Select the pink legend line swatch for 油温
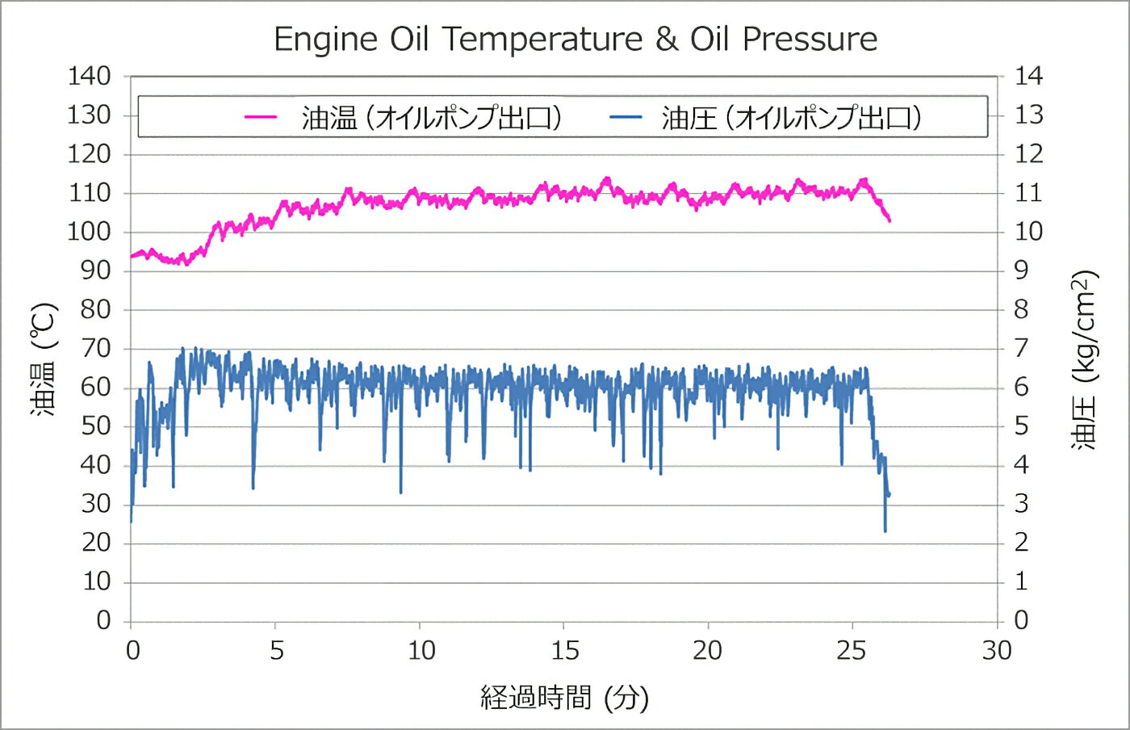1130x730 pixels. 261,117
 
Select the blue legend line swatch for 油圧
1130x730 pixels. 626,117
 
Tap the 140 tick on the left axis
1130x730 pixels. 89,76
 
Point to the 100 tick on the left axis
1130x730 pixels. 89,232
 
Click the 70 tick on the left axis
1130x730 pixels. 95,348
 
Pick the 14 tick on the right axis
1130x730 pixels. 1028,76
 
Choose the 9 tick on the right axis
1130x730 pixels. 1021,271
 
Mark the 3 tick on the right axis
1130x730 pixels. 1021,504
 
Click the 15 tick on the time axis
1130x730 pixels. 564,650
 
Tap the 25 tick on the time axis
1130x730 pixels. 852,650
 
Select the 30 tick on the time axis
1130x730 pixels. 997,650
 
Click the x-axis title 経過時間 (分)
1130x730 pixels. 564,697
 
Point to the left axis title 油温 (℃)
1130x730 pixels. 44,359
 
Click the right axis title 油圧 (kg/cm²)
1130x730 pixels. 1084,359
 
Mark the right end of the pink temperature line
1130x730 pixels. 889,220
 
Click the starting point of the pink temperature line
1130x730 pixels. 132,257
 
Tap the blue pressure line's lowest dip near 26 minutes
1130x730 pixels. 885,531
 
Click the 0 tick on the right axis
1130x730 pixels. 1021,620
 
